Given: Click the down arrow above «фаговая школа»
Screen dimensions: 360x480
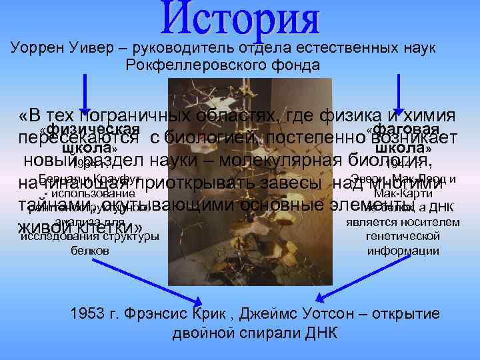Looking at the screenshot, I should (x=399, y=93).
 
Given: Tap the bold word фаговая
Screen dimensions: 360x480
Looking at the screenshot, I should (x=407, y=128).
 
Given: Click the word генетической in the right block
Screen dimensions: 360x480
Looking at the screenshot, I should (x=403, y=237).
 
